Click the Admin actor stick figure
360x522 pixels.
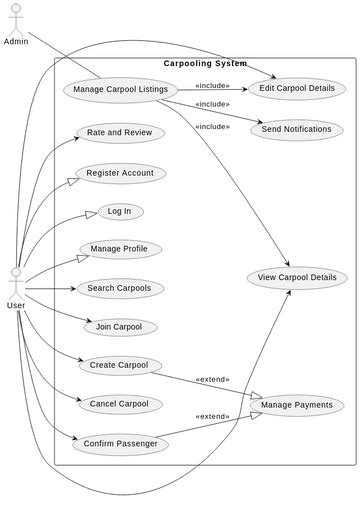click(15, 19)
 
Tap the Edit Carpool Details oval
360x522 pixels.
click(297, 89)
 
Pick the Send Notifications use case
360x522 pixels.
click(297, 129)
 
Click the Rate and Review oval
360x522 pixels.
click(120, 133)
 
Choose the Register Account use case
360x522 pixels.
click(120, 173)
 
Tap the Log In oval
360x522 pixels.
click(120, 211)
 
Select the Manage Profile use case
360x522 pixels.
click(120, 249)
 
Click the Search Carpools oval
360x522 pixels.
click(120, 288)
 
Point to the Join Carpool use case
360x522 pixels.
click(120, 327)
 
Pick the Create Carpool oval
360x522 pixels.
click(119, 365)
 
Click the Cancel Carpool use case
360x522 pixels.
click(119, 404)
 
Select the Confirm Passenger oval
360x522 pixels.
click(120, 444)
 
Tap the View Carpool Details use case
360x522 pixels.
click(296, 277)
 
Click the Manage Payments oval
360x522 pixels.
click(297, 405)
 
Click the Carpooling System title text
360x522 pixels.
click(205, 64)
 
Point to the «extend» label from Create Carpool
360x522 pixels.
click(212, 380)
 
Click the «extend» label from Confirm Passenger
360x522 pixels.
click(212, 417)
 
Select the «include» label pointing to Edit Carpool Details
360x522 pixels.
click(212, 86)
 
